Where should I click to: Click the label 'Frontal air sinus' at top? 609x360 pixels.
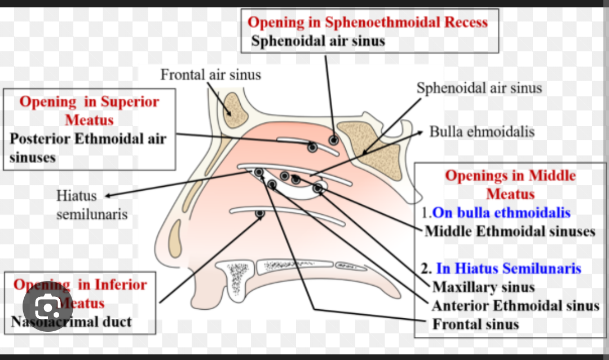[210, 74]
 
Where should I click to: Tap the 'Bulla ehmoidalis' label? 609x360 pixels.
[482, 132]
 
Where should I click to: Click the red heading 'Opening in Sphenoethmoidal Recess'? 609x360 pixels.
[368, 23]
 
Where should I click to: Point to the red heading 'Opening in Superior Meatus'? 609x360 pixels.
[89, 111]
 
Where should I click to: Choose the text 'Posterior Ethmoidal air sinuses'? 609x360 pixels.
[88, 147]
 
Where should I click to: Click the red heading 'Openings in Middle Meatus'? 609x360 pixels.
[510, 185]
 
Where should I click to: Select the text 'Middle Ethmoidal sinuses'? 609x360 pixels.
[510, 231]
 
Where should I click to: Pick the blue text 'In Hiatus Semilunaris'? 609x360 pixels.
[509, 269]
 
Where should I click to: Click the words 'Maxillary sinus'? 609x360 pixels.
[483, 287]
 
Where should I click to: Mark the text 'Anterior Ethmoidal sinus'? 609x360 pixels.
[515, 306]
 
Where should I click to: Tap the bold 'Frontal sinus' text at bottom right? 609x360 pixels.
[475, 324]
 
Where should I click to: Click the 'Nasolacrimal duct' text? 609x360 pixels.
[72, 322]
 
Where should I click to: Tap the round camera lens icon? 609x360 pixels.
[48, 306]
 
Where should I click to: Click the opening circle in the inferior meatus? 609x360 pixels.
[260, 214]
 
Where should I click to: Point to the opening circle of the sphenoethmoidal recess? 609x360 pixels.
[334, 140]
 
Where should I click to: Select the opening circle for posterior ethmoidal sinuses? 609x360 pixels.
[312, 147]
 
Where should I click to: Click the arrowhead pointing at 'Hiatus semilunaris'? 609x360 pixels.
[107, 196]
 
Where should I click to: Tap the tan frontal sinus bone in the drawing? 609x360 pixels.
[231, 106]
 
